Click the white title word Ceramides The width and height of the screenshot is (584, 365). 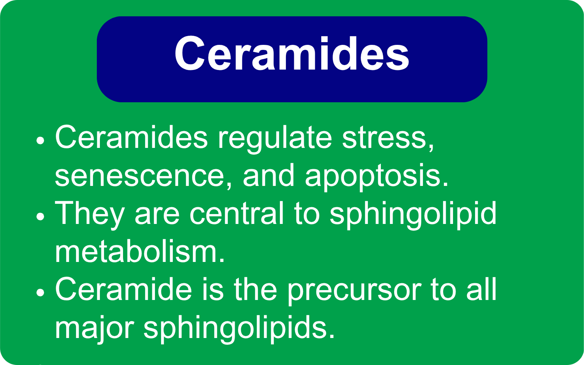point(292,54)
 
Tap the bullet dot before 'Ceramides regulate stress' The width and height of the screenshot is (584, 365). point(40,141)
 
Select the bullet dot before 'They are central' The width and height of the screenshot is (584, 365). point(40,217)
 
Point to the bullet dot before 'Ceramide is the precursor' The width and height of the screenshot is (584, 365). point(40,293)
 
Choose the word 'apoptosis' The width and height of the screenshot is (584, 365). point(376,176)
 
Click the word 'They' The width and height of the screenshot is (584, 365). point(90,214)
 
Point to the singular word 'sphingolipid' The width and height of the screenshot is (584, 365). point(413,214)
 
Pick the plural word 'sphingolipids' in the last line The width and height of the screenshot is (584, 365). point(239,328)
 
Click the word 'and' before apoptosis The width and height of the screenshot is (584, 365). point(268,176)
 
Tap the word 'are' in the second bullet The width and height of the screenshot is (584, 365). point(157,214)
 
